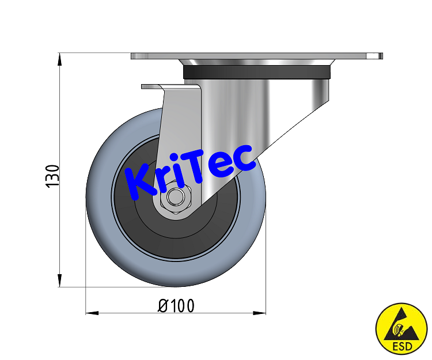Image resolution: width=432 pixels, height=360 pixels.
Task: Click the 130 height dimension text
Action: point(52,176)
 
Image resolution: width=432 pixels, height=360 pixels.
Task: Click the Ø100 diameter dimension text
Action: point(176,305)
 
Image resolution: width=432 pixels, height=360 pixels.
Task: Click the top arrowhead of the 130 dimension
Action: point(60,58)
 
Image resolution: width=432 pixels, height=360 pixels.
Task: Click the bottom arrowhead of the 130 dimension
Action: point(60,282)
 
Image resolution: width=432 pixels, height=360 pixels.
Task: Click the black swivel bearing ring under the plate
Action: point(257,72)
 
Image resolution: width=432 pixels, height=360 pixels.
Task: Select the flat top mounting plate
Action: point(256,56)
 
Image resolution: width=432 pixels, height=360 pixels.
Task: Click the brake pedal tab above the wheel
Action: point(153,87)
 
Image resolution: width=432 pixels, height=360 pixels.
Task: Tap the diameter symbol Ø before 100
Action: point(163,305)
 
